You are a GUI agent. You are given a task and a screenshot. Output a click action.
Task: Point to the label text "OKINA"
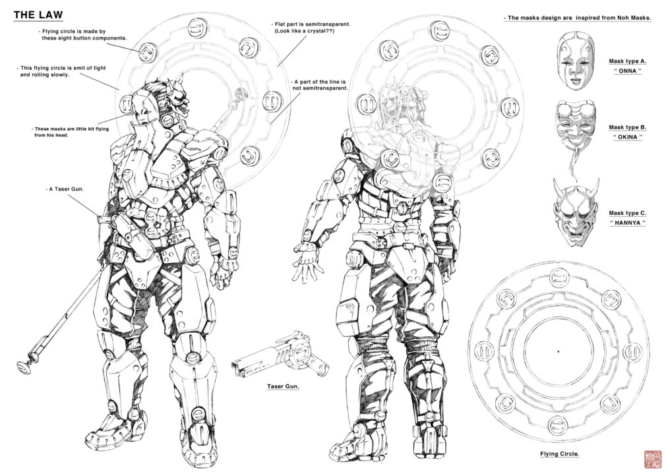[x=626, y=138]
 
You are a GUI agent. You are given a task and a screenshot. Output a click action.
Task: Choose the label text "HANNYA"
[x=626, y=223]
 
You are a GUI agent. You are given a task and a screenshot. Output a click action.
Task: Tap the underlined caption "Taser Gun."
[x=283, y=386]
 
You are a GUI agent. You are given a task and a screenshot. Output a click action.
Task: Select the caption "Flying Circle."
[x=560, y=454]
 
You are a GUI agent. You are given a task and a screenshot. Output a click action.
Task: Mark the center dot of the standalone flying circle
[x=558, y=350]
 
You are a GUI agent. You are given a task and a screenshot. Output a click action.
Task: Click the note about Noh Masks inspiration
[x=577, y=18]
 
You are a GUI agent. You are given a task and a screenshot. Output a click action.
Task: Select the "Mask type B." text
[x=627, y=127]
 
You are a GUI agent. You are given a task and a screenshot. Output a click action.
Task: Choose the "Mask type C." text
[x=627, y=213]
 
